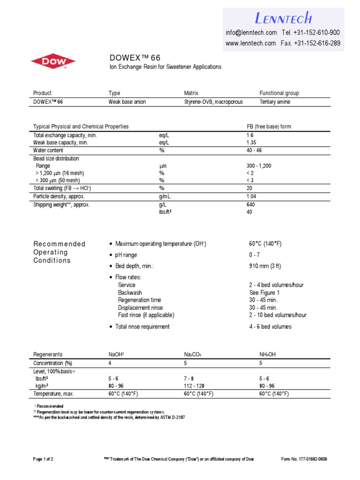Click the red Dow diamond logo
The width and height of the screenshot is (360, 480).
(x=53, y=61)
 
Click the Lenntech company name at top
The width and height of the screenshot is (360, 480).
(x=283, y=18)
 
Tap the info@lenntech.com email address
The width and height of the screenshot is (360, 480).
(x=251, y=32)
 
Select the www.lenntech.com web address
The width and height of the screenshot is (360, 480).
(x=250, y=43)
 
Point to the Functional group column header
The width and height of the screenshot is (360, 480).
(x=279, y=93)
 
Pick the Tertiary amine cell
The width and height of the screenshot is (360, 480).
(x=275, y=102)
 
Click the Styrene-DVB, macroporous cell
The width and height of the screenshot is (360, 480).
(x=213, y=102)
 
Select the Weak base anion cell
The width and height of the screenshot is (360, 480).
(x=127, y=102)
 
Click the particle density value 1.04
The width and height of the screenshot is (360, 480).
(x=251, y=196)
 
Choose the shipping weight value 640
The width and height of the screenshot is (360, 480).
(x=251, y=205)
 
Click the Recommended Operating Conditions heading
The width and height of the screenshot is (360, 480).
(x=59, y=252)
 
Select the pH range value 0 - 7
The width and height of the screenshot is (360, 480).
(x=255, y=255)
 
